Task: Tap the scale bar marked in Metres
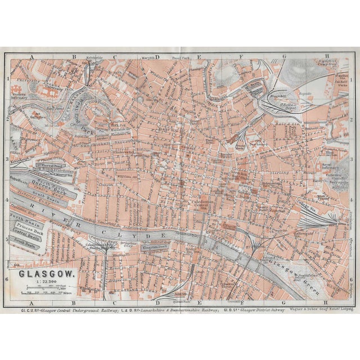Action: click(48, 291)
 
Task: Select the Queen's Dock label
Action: click(48, 189)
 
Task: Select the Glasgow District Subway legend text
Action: click(247, 308)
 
